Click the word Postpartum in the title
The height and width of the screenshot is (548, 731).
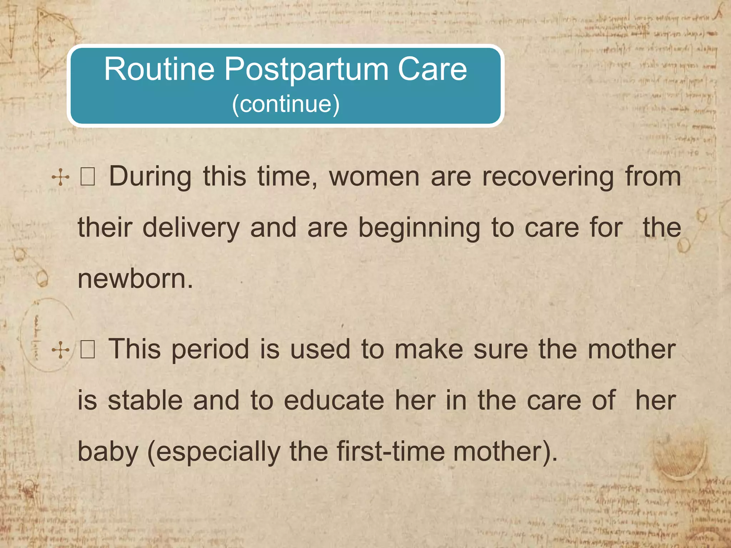[x=306, y=70]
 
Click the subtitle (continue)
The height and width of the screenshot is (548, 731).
[x=286, y=104]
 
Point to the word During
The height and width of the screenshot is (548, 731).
[x=150, y=177]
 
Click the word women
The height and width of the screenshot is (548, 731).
[x=374, y=177]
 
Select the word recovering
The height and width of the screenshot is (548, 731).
[x=548, y=177]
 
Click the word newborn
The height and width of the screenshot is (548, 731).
[x=135, y=279]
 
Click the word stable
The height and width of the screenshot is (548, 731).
[x=145, y=401]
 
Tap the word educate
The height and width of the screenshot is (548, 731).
[x=334, y=401]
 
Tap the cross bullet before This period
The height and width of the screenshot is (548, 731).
[x=60, y=350]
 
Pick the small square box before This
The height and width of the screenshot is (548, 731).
[x=87, y=350]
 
